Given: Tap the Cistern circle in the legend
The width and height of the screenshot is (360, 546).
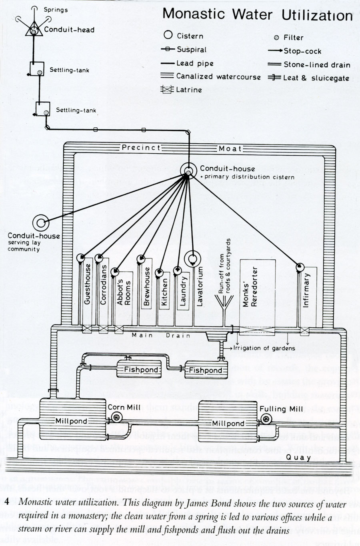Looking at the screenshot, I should pyautogui.click(x=168, y=35).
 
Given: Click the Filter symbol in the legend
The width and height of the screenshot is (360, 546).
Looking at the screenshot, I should pyautogui.click(x=276, y=38).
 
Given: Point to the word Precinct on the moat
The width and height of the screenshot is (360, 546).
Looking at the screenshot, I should pyautogui.click(x=141, y=148).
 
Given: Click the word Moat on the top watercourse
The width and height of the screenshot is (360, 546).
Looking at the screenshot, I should pyautogui.click(x=230, y=149).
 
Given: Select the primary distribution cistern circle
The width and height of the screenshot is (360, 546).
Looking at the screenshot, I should pyautogui.click(x=188, y=171).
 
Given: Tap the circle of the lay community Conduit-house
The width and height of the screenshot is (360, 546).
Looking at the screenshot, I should pyautogui.click(x=41, y=222).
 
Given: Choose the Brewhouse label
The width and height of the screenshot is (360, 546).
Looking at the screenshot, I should pyautogui.click(x=147, y=286).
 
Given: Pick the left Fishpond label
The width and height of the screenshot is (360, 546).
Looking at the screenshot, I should pyautogui.click(x=141, y=369).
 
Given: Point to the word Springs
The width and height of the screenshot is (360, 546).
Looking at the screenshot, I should pyautogui.click(x=56, y=10).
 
